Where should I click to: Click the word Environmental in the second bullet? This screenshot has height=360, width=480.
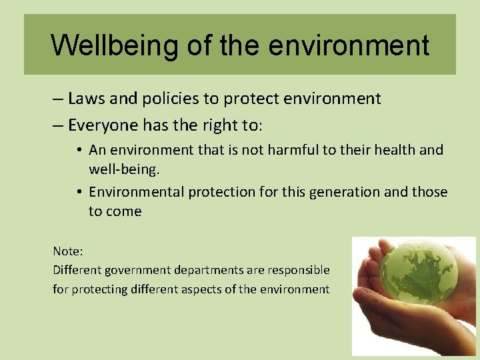point(137,192)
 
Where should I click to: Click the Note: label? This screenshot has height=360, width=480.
point(68,251)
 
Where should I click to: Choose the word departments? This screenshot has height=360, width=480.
point(209,270)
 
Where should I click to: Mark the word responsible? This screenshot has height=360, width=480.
point(297,270)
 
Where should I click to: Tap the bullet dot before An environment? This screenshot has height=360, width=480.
point(79,151)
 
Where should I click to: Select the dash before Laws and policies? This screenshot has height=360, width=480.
point(58,99)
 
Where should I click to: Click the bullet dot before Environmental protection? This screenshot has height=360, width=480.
point(79,193)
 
